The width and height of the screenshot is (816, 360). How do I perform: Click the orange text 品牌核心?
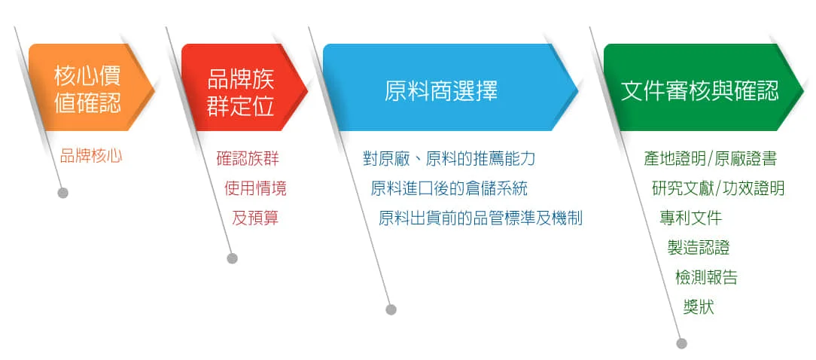tap(91, 156)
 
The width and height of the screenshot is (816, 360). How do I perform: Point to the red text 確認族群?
tap(248, 158)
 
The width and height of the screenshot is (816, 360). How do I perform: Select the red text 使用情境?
tap(255, 188)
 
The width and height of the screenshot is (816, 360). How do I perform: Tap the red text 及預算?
tap(255, 218)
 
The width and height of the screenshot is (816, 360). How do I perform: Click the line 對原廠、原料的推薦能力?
tap(449, 158)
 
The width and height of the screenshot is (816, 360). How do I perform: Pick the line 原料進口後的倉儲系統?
tap(449, 188)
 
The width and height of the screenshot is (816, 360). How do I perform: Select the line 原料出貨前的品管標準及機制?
tap(480, 218)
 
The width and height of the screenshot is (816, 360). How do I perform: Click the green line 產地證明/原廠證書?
tap(711, 158)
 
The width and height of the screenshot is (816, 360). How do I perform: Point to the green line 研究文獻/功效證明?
tap(718, 188)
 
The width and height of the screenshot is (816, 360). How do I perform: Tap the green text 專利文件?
tap(690, 218)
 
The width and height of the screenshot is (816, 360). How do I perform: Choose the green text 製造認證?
tap(699, 248)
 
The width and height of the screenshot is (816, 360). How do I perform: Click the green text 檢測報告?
tap(706, 277)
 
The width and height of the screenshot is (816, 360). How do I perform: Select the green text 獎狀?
tap(699, 307)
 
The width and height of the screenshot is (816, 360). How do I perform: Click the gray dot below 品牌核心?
tap(63, 194)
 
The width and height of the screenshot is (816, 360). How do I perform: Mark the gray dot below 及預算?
tap(232, 258)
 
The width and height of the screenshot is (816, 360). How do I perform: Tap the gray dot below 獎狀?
tap(682, 343)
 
